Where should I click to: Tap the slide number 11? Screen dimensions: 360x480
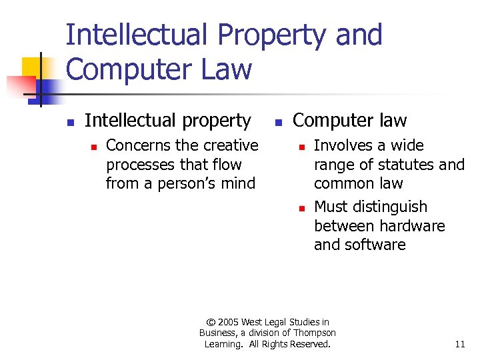tap(460, 344)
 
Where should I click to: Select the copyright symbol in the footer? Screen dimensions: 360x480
tap(212, 322)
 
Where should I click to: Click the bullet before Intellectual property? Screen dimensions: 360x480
tap(69, 122)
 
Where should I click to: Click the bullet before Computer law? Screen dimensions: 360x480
tap(277, 122)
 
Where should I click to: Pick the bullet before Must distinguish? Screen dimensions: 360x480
tap(301, 208)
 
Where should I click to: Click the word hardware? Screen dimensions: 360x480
tap(413, 226)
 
